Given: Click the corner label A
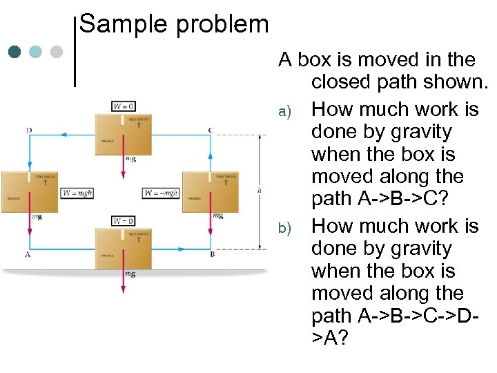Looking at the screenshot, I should pyautogui.click(x=28, y=254).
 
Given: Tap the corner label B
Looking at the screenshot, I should pyautogui.click(x=212, y=254).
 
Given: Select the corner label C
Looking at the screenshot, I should pyautogui.click(x=211, y=131).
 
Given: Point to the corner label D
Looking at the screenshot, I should pyautogui.click(x=29, y=131).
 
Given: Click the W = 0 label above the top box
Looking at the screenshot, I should pyautogui.click(x=123, y=106).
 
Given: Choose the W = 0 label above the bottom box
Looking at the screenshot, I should pyautogui.click(x=123, y=221).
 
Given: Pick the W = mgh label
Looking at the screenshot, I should pyautogui.click(x=77, y=193).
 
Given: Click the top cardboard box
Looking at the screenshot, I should pyautogui.click(x=124, y=134).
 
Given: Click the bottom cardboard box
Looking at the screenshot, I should pyautogui.click(x=124, y=249).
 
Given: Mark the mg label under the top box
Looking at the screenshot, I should pyautogui.click(x=130, y=160).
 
